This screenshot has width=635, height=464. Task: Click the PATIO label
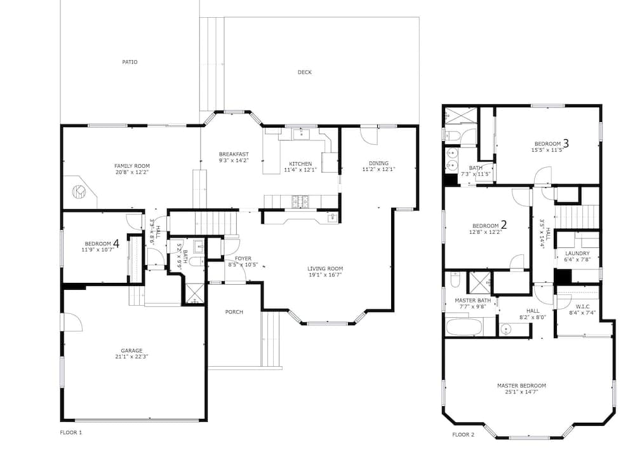(130, 62)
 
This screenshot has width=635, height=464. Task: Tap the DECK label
(305, 72)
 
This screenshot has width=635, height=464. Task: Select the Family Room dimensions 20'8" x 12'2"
(132, 172)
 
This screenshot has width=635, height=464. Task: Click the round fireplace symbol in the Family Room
(79, 191)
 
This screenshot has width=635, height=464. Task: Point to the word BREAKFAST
(234, 154)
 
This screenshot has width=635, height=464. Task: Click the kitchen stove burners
(300, 200)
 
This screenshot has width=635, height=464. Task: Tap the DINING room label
(378, 163)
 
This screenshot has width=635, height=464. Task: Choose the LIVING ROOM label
(325, 268)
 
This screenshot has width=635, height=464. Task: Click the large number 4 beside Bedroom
(116, 243)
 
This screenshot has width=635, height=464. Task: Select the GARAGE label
(131, 350)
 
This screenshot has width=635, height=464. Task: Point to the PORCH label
(234, 311)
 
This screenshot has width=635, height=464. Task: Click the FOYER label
(243, 258)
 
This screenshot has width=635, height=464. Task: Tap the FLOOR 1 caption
(71, 432)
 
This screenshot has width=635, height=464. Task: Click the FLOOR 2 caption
(464, 435)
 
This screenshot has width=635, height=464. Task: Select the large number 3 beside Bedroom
(566, 143)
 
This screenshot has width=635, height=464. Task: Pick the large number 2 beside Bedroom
(504, 225)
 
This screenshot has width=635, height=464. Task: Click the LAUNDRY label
(577, 253)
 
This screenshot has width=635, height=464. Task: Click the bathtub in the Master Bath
(464, 327)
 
